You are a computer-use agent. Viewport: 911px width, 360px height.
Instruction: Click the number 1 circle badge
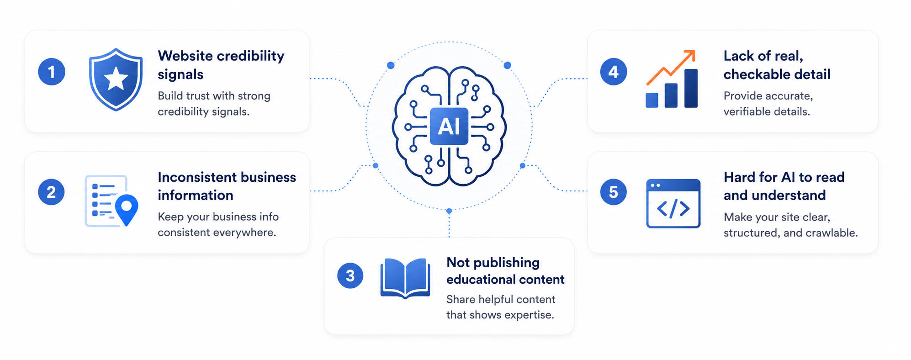[52, 72]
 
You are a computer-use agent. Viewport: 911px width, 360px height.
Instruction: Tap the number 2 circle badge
[51, 192]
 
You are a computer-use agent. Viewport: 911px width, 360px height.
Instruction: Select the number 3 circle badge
[350, 275]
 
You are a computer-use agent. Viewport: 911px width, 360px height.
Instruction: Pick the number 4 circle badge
[614, 72]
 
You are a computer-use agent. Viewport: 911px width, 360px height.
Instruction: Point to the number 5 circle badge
[614, 192]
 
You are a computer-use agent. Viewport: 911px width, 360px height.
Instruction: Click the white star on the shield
[116, 79]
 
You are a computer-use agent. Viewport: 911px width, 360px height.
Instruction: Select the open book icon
[405, 278]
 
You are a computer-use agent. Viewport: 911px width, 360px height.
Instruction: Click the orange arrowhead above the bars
[689, 55]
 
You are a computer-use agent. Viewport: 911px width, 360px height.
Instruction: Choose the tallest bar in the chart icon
[691, 88]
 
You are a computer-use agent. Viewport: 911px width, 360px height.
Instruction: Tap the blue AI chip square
[449, 127]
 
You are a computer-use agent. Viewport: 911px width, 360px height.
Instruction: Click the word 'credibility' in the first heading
[250, 56]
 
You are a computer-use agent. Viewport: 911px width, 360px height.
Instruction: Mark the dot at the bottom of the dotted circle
[449, 211]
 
